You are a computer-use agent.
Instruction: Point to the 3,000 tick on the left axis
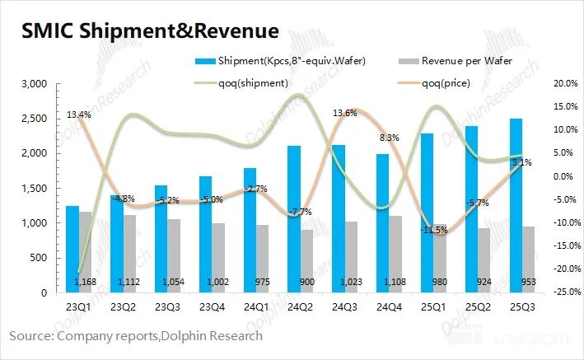click(x=34, y=84)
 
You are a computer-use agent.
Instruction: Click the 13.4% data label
click(x=79, y=115)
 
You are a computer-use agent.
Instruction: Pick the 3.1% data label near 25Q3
click(x=523, y=163)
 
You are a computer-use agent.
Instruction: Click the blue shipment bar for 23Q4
click(x=204, y=235)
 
